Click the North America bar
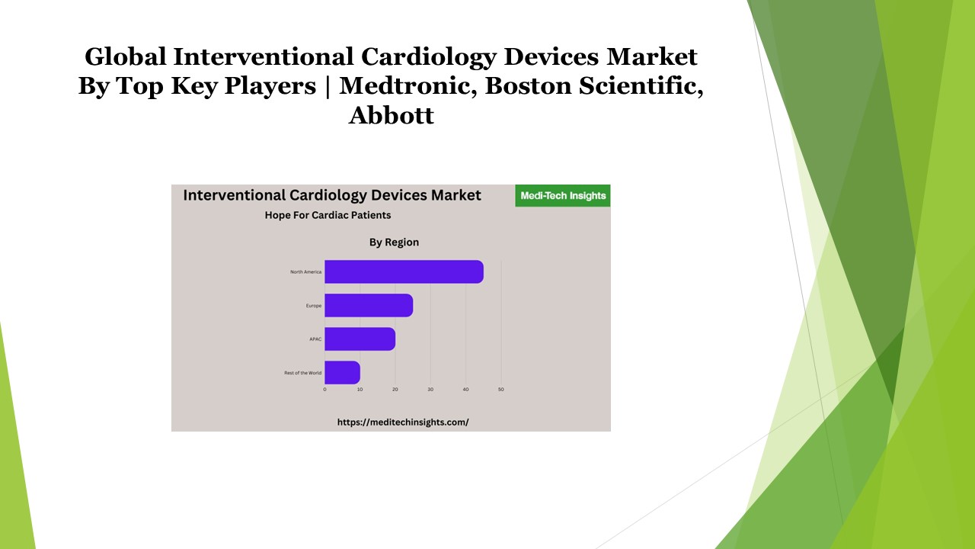pyautogui.click(x=404, y=271)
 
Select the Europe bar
pyautogui.click(x=369, y=306)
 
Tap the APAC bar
pyautogui.click(x=360, y=339)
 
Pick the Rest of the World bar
pyautogui.click(x=342, y=372)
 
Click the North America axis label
pyautogui.click(x=306, y=272)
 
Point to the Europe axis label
pyautogui.click(x=314, y=306)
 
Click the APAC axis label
pyautogui.click(x=315, y=339)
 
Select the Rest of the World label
pyautogui.click(x=303, y=373)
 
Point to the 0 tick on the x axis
pyautogui.click(x=324, y=390)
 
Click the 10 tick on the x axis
pyautogui.click(x=360, y=390)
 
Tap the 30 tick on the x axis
pyautogui.click(x=430, y=390)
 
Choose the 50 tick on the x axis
pyautogui.click(x=501, y=390)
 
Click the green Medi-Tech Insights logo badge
pyautogui.click(x=563, y=196)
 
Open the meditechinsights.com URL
pyautogui.click(x=403, y=422)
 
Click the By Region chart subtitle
pyautogui.click(x=394, y=242)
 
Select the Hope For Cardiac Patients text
pyautogui.click(x=328, y=215)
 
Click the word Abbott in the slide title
pyautogui.click(x=392, y=116)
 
